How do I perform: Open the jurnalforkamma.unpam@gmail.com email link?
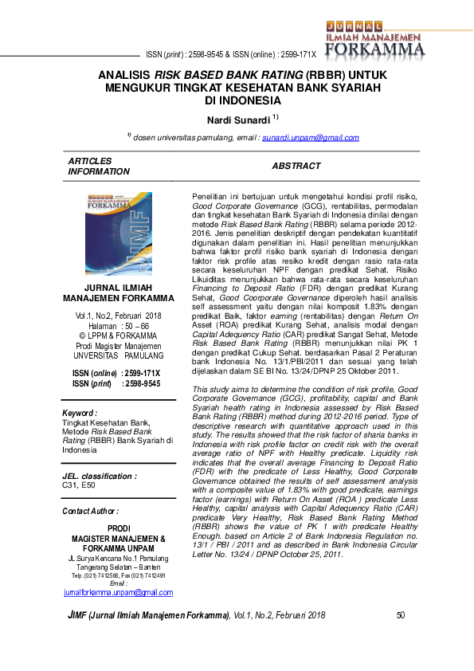(x=118, y=592)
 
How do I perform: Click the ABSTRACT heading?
(x=296, y=167)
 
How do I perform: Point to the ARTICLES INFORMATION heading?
(x=98, y=167)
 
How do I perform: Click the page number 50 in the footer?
(x=401, y=615)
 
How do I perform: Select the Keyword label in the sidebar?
(x=80, y=414)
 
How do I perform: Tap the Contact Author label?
(x=90, y=511)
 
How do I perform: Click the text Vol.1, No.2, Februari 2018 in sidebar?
(x=118, y=316)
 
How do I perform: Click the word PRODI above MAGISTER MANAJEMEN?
(x=118, y=528)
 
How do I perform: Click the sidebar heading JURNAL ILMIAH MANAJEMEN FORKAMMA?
(x=118, y=292)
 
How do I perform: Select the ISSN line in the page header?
(x=231, y=55)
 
